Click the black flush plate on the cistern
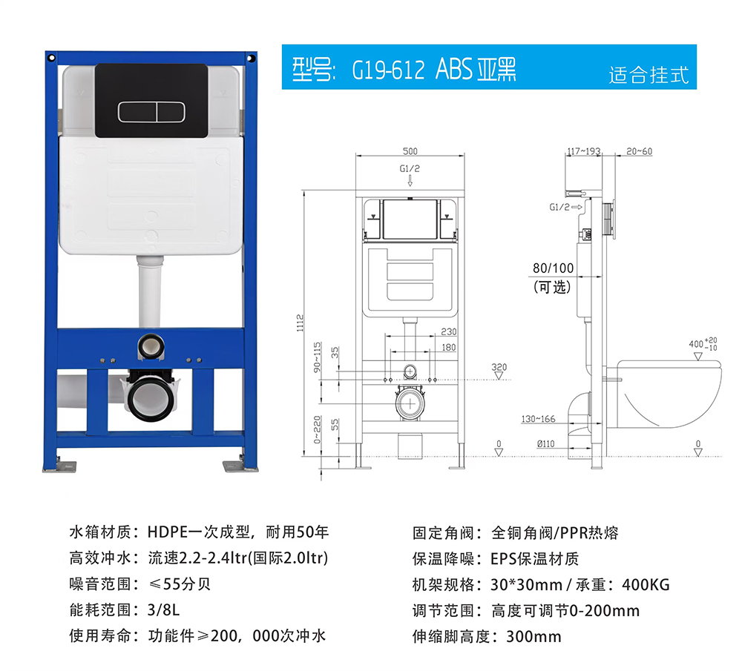pos(151,101)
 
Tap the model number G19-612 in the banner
pos(388,70)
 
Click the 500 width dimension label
pos(410,151)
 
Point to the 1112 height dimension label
pos(300,323)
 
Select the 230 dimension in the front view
pos(449,331)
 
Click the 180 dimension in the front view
pos(449,348)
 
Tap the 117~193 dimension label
pos(584,151)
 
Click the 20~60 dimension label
pos(639,151)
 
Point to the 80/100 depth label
pos(553,268)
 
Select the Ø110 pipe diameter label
pos(545,443)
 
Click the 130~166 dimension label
pos(538,419)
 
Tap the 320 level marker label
pos(499,367)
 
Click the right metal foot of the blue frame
pos(240,466)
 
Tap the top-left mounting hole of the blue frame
pos(52,58)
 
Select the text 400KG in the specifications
pos(646,585)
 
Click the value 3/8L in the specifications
pos(163,610)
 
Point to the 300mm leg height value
pos(533,636)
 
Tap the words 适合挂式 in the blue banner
pos(649,75)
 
